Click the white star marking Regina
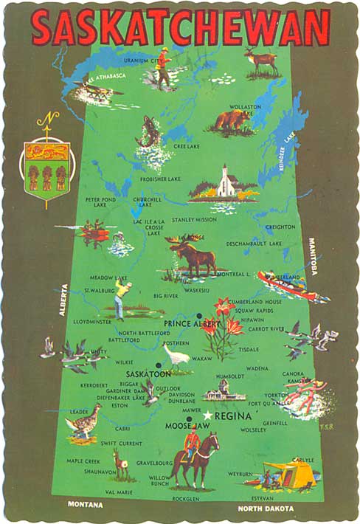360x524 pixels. point(208,416)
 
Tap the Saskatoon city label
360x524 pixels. point(148,374)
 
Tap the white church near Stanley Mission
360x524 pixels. point(224,183)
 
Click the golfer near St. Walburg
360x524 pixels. point(125,296)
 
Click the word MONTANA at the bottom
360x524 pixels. point(85,505)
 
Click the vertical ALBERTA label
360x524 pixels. point(63,300)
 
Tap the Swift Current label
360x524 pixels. point(122,443)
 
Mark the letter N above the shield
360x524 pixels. point(46,119)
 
